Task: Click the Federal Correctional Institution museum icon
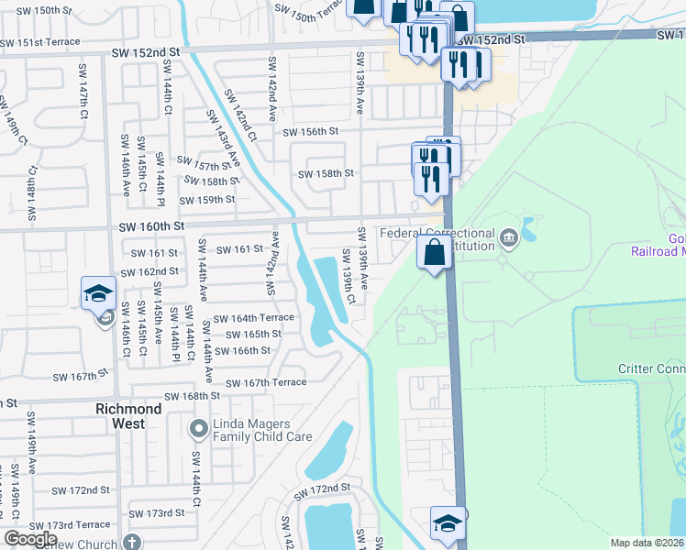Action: pyautogui.click(x=509, y=240)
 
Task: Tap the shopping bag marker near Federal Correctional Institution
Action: pyautogui.click(x=435, y=252)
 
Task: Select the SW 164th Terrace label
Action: pyautogui.click(x=254, y=318)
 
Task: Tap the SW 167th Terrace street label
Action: pyautogui.click(x=266, y=382)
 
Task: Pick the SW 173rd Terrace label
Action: pyautogui.click(x=69, y=525)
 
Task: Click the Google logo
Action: pyautogui.click(x=30, y=539)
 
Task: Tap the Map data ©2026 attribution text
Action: pyautogui.click(x=646, y=543)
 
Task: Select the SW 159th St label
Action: pyautogui.click(x=208, y=200)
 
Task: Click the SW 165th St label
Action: pyautogui.click(x=253, y=334)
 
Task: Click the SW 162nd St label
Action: pyautogui.click(x=154, y=271)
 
